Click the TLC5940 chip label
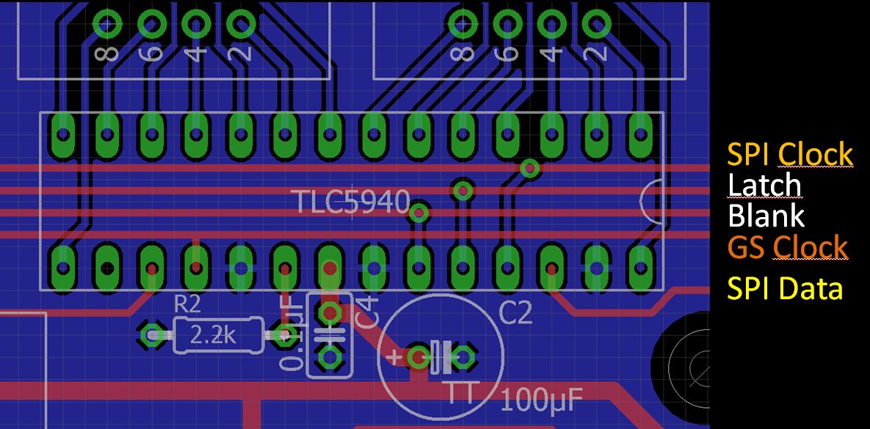pos(350,202)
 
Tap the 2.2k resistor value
pos(213,336)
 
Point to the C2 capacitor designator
pos(515,314)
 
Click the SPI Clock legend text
pos(790,155)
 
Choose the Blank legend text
pos(766,216)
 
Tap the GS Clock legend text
pos(787,247)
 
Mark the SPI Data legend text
pos(784,289)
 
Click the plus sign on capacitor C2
pos(394,357)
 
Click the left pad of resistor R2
pos(153,336)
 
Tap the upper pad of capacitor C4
pos(329,312)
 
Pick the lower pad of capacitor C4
pos(329,358)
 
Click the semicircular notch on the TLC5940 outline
pos(650,199)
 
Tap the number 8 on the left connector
pos(108,52)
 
